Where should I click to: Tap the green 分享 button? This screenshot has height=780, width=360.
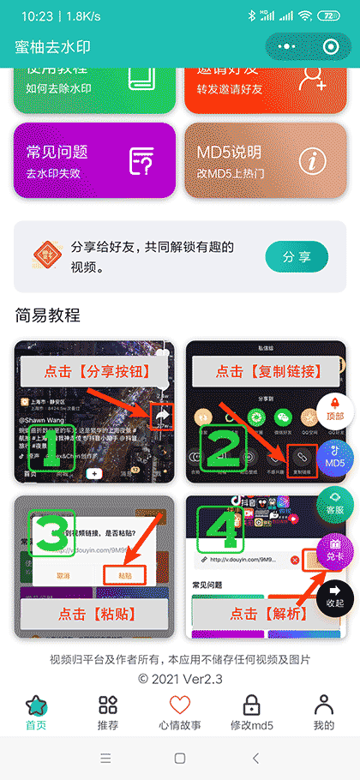coord(297,256)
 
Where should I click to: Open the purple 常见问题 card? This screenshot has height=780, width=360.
coord(94,159)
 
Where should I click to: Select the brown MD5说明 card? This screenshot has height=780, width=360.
coord(265,159)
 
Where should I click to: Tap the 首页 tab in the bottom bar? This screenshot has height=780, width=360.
coord(36,712)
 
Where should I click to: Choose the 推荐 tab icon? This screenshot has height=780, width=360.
coord(108,712)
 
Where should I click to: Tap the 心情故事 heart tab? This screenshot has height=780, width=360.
coord(179,712)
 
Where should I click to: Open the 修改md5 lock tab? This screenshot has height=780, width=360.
coord(251,712)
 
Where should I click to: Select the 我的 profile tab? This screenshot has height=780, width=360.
coord(323,712)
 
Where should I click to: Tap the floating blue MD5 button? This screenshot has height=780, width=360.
coord(335,455)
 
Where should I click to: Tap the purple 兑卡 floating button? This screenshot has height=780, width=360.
coord(335,548)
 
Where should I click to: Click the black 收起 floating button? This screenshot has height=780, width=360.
coord(335,595)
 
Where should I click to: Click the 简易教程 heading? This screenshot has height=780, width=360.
coord(48,315)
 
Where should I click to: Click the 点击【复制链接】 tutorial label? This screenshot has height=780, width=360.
coord(268,371)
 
